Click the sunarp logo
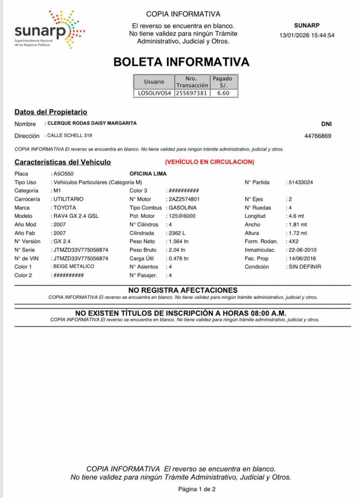[x=49, y=29]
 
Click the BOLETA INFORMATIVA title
[x=181, y=62]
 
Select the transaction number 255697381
[x=191, y=93]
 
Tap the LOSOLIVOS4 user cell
[x=154, y=93]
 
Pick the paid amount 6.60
[x=223, y=93]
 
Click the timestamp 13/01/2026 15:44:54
[x=307, y=35]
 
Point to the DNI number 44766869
[x=318, y=136]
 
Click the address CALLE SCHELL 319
[x=70, y=136]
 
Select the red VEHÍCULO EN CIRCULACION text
[x=209, y=162]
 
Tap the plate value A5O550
[x=63, y=174]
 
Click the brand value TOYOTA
[x=65, y=207]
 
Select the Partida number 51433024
[x=301, y=182]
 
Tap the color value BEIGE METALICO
[x=74, y=266]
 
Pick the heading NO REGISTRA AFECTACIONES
[x=182, y=290]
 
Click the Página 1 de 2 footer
[x=197, y=489]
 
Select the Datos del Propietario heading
[x=51, y=112]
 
